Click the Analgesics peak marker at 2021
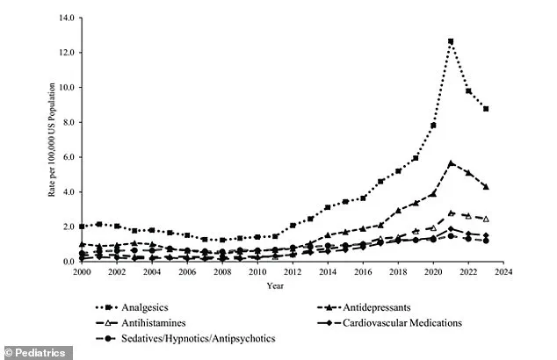pyautogui.click(x=451, y=41)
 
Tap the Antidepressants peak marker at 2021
pyautogui.click(x=451, y=162)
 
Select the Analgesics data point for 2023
pyautogui.click(x=486, y=109)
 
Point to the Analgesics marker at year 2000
pyautogui.click(x=82, y=227)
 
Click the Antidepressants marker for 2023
pyautogui.click(x=486, y=187)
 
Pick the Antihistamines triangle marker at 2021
pyautogui.click(x=451, y=212)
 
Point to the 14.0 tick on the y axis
pyautogui.click(x=64, y=18)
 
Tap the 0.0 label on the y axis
pyautogui.click(x=67, y=262)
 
